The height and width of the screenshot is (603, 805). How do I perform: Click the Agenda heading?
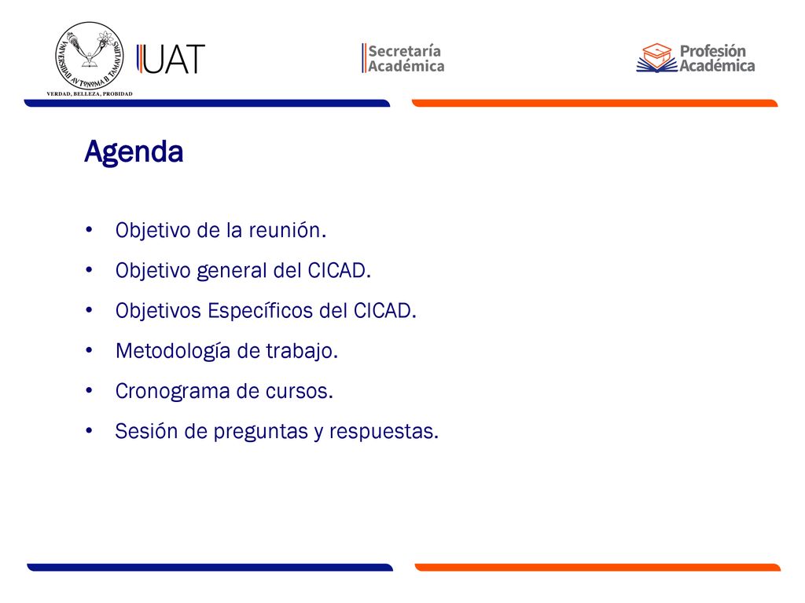pyautogui.click(x=134, y=152)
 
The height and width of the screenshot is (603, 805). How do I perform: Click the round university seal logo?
pyautogui.click(x=90, y=56)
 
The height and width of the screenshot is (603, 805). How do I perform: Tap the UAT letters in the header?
pyautogui.click(x=171, y=59)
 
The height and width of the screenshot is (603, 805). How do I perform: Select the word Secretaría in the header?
pyautogui.click(x=405, y=51)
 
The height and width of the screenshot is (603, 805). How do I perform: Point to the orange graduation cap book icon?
pyautogui.click(x=656, y=57)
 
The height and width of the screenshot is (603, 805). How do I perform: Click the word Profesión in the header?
pyautogui.click(x=712, y=51)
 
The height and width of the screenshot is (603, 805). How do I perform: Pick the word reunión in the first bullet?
pyautogui.click(x=288, y=230)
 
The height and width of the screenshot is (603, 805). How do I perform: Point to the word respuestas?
pyautogui.click(x=384, y=432)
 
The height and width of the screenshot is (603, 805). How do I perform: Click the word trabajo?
pyautogui.click(x=302, y=351)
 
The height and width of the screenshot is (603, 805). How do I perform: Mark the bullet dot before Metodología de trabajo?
pyautogui.click(x=90, y=351)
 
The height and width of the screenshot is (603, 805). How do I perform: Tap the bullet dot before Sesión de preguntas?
pyautogui.click(x=90, y=431)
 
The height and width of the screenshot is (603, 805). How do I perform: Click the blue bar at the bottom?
pyautogui.click(x=210, y=567)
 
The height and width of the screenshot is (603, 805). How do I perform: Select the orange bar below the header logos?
pyautogui.click(x=594, y=103)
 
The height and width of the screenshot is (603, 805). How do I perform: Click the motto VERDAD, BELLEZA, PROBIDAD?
pyautogui.click(x=90, y=94)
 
